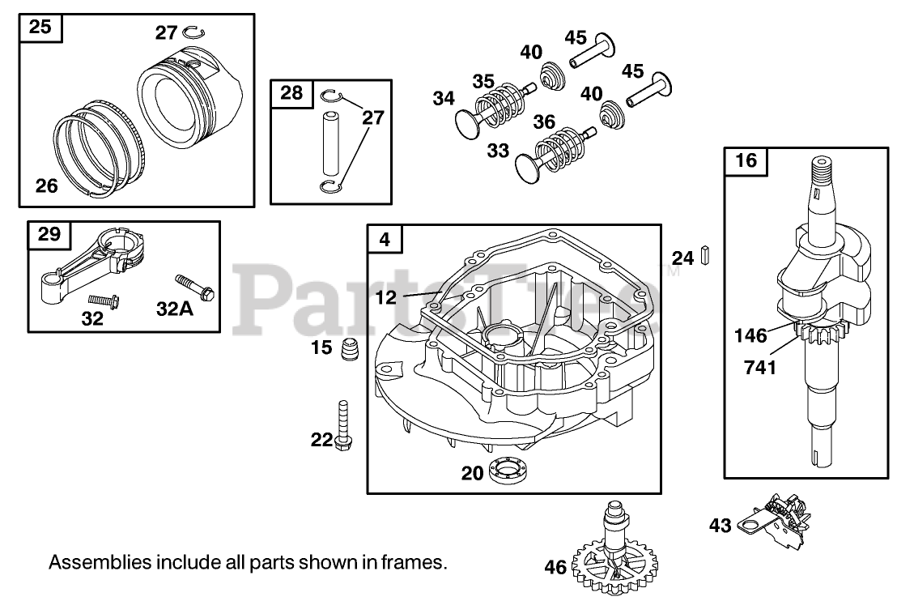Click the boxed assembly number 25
[40, 27]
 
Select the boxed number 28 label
[291, 92]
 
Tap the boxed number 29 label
[49, 234]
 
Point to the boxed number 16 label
[746, 160]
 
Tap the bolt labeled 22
[343, 423]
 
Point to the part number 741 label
[761, 368]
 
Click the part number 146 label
[750, 335]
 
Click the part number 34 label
[444, 99]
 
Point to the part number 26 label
[47, 186]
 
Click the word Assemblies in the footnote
[88, 561]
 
